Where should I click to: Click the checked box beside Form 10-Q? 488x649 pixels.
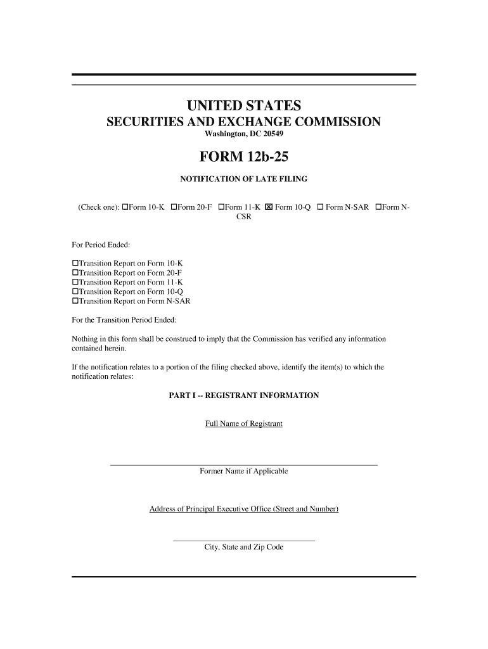coord(269,207)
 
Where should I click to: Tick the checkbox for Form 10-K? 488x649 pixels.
coord(125,207)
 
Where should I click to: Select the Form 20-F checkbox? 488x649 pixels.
coord(174,207)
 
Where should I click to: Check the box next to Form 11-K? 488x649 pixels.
coord(221,207)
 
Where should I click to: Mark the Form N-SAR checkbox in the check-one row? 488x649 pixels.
coord(320,207)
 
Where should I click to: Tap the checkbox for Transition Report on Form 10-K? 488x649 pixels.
coord(75,263)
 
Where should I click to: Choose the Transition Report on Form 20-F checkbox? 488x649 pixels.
coord(75,273)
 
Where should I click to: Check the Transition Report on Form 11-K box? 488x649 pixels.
coord(75,282)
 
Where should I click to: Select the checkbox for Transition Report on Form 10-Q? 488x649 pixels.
coord(75,292)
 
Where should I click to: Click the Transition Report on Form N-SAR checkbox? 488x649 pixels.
coord(75,301)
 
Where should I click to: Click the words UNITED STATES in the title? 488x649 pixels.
coord(243,105)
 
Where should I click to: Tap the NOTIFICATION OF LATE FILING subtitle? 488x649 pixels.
coord(243,179)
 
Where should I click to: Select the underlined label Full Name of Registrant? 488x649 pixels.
coord(243,423)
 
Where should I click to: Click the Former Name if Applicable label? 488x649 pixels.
coord(243,471)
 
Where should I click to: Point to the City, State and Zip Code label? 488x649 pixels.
coord(243,547)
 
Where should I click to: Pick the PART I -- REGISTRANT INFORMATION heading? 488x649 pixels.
coord(243,395)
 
